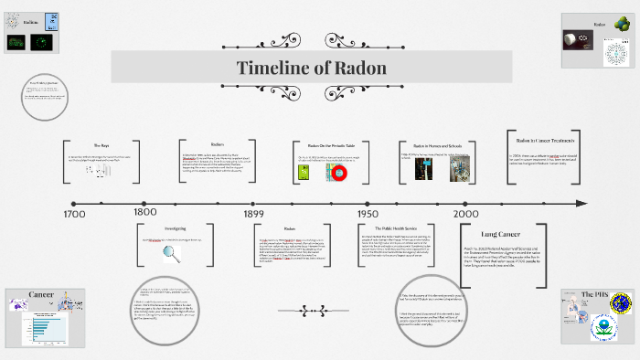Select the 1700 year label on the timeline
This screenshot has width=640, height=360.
[x=75, y=213]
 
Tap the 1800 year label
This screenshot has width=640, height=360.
[x=145, y=213]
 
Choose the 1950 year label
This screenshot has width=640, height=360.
[x=368, y=213]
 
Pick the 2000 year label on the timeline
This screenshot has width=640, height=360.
[x=477, y=213]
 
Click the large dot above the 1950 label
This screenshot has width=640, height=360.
[x=368, y=202]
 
